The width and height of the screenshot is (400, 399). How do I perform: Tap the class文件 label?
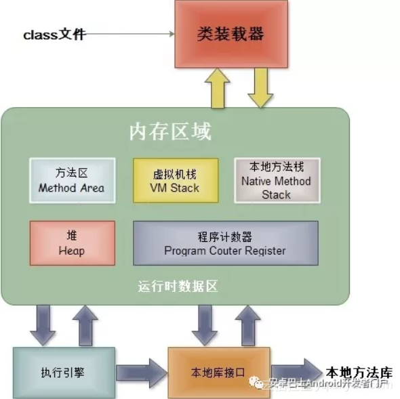[54, 34]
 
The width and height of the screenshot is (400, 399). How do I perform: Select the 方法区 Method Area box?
[71, 180]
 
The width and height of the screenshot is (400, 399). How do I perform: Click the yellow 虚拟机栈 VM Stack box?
[176, 180]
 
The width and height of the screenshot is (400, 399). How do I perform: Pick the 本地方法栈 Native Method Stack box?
[276, 180]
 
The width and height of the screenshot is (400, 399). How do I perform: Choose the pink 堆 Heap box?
[71, 243]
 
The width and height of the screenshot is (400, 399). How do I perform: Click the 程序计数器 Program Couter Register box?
[225, 243]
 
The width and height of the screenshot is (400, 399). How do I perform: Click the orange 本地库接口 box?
[218, 371]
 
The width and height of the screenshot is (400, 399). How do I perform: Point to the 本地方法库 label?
[359, 371]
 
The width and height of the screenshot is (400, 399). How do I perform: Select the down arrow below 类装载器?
[260, 87]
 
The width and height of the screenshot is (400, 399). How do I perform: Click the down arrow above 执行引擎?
[43, 324]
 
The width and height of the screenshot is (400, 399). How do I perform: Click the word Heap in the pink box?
[71, 250]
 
